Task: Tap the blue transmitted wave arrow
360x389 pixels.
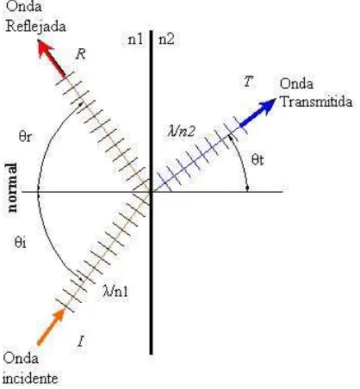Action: [x=258, y=113]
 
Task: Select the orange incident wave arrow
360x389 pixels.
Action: [x=51, y=326]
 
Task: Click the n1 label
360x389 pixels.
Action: [x=135, y=39]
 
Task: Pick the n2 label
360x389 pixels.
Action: [x=166, y=39]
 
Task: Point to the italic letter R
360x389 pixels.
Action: [x=81, y=54]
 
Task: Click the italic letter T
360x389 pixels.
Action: [x=248, y=82]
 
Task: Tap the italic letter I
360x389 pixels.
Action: [x=81, y=341]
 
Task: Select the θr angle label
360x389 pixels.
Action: [x=25, y=136]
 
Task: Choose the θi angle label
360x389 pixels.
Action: [x=21, y=243]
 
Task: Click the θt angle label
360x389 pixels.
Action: [x=258, y=159]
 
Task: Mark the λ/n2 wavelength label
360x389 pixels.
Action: [x=182, y=131]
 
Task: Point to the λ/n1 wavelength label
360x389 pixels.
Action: [x=115, y=291]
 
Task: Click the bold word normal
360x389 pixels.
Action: [x=12, y=188]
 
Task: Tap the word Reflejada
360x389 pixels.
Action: [x=36, y=26]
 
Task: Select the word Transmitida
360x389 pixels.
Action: [x=316, y=102]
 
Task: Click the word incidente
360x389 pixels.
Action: [x=30, y=379]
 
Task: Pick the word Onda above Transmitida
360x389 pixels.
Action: [x=296, y=83]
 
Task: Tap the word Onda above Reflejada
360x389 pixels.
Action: [x=23, y=6]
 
